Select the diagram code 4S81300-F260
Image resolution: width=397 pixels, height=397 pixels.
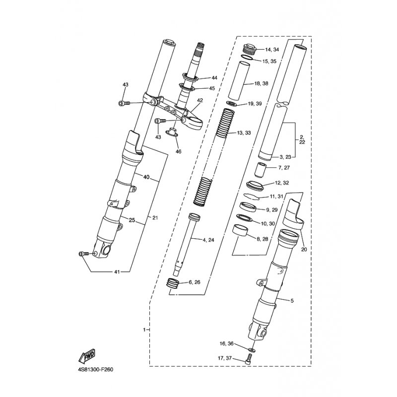[96, 370]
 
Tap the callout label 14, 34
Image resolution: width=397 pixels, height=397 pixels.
[272, 50]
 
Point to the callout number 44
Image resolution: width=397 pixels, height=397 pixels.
[214, 78]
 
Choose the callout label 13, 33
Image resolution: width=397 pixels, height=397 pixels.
[244, 132]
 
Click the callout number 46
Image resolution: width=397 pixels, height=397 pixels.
[179, 151]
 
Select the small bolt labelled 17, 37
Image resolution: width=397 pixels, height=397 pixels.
[249, 359]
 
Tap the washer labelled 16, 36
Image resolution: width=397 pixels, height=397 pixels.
[252, 350]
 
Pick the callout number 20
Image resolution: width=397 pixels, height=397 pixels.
[304, 250]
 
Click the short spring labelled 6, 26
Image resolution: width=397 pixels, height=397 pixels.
[173, 282]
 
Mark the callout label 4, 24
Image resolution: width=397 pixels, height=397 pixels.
[208, 240]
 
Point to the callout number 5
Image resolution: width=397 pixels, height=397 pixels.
[292, 301]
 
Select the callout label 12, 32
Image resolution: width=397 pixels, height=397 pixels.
[282, 183]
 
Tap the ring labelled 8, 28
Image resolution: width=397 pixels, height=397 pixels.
[240, 230]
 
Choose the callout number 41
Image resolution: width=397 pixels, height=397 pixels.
[117, 272]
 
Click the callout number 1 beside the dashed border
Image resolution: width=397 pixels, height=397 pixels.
[144, 330]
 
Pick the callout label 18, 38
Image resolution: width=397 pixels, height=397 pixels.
[261, 83]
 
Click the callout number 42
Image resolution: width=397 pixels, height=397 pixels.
[200, 100]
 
